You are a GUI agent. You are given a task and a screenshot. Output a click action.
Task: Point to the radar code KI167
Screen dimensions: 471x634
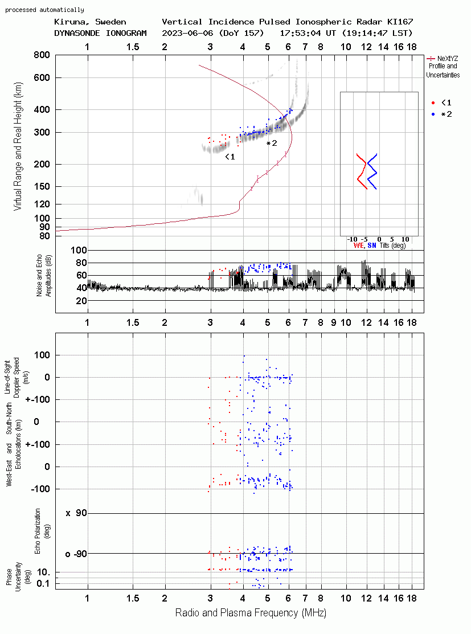tap(400, 22)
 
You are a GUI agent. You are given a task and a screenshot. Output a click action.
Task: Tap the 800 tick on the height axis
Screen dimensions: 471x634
tap(42, 55)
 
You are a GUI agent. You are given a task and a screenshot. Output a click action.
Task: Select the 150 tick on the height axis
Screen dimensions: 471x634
tap(42, 186)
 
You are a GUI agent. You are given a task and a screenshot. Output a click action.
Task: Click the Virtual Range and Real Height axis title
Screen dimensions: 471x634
tap(18, 146)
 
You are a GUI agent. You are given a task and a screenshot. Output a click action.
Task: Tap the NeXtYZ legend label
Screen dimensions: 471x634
tap(448, 59)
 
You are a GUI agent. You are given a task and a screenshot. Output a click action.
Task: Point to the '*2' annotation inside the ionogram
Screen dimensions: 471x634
tap(272, 143)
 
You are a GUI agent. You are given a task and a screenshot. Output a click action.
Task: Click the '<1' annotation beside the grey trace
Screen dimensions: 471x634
tap(230, 157)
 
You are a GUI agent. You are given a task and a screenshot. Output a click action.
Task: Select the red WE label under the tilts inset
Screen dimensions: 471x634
tap(358, 246)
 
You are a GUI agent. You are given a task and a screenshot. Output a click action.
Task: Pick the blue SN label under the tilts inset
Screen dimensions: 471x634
tap(371, 246)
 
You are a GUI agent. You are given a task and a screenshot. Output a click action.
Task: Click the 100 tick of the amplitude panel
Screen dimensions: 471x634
tap(79, 250)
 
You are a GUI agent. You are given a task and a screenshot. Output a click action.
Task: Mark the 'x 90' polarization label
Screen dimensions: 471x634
tap(76, 513)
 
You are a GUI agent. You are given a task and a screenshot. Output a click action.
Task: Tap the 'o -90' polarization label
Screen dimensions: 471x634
tap(76, 554)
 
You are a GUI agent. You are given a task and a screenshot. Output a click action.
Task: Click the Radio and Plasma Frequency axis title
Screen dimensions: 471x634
tap(251, 613)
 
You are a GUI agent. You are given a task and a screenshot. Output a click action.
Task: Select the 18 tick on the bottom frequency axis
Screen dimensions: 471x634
tap(412, 598)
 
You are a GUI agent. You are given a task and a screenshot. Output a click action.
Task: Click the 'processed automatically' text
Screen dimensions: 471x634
tap(44, 10)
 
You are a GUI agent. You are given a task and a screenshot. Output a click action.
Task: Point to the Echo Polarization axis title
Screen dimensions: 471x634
tap(37, 531)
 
